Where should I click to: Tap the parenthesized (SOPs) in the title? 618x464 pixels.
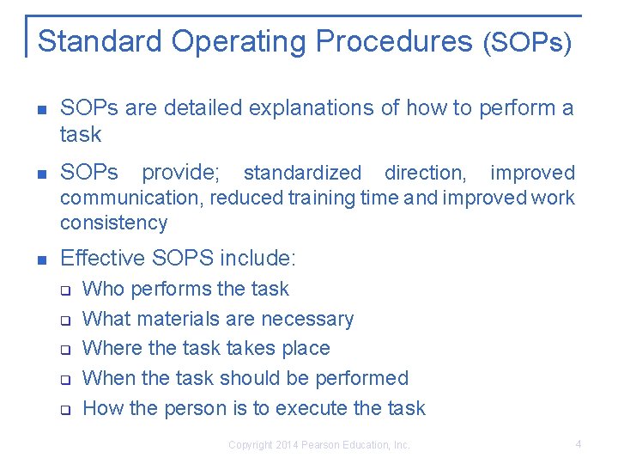pyautogui.click(x=527, y=42)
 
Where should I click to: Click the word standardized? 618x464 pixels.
pyautogui.click(x=302, y=173)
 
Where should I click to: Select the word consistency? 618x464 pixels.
pyautogui.click(x=113, y=223)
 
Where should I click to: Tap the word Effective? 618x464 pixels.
pyautogui.click(x=95, y=258)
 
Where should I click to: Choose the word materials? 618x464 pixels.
pyautogui.click(x=179, y=319)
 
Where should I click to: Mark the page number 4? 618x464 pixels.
pyautogui.click(x=579, y=444)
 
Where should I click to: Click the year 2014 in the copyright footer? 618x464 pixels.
pyautogui.click(x=288, y=445)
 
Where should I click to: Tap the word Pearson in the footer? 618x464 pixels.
pyautogui.click(x=320, y=445)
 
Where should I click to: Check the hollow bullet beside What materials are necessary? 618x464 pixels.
pyautogui.click(x=64, y=320)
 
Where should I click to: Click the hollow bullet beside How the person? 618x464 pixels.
pyautogui.click(x=64, y=409)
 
